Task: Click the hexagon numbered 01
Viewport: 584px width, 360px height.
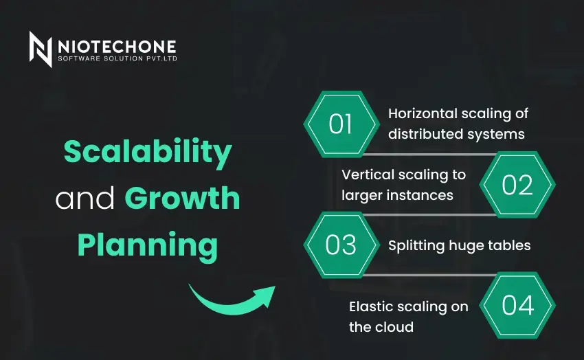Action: (341, 124)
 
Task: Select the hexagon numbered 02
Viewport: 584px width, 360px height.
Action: (517, 185)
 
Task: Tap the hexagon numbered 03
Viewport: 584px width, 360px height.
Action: (341, 245)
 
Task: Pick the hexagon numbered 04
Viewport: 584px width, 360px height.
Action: (517, 305)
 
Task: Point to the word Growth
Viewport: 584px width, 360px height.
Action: (182, 199)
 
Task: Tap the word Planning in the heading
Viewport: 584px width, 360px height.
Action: (147, 245)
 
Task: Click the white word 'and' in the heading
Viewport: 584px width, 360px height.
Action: (85, 199)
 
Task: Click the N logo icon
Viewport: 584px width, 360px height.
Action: (41, 49)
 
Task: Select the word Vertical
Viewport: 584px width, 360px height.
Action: (366, 175)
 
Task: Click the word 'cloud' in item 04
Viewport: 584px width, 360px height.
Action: (395, 327)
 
